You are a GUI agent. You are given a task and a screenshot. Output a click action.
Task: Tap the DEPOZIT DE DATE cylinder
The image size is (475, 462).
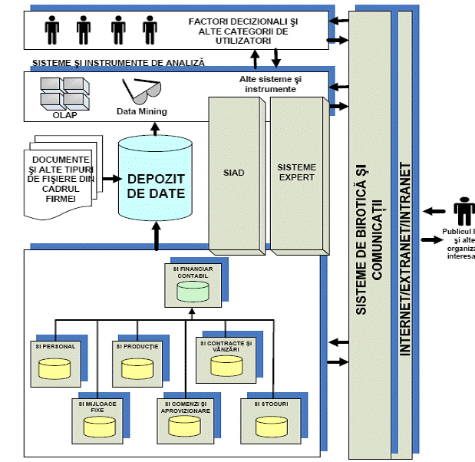(156, 180)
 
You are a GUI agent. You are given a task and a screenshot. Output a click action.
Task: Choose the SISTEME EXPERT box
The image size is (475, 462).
(296, 172)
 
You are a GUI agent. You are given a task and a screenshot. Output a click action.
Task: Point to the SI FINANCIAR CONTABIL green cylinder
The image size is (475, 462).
(191, 291)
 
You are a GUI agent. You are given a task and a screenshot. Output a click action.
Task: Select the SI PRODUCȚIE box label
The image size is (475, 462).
(138, 347)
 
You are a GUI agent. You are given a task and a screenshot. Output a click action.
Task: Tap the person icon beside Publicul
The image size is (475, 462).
(463, 212)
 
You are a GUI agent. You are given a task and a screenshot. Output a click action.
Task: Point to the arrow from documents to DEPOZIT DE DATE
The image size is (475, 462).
(111, 179)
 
